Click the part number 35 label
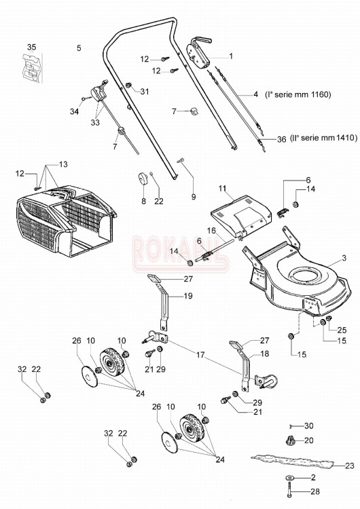pos(31,48)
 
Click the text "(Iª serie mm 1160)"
pos(298,94)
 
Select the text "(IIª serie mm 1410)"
pos(323,138)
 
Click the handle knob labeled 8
pos(142,178)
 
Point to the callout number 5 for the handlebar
pos(79,48)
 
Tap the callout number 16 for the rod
pos(211,231)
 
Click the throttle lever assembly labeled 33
pos(98,92)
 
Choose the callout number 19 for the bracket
pos(187,296)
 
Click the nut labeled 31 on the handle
pos(128,86)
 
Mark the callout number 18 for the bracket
pos(265,354)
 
